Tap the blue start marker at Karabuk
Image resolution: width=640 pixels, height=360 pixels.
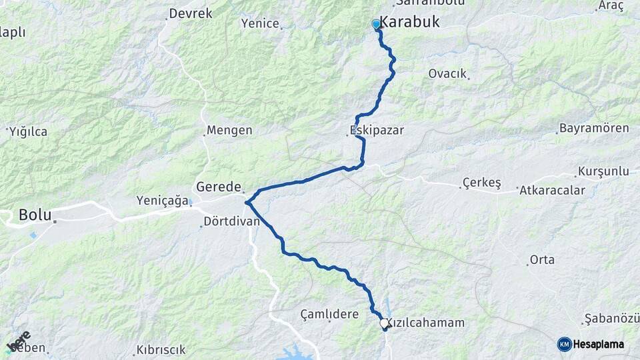pyautogui.click(x=376, y=25)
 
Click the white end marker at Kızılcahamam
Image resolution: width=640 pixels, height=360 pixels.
pyautogui.click(x=384, y=323)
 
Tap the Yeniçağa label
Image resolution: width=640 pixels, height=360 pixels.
pyautogui.click(x=163, y=200)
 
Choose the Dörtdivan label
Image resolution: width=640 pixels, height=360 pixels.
pyautogui.click(x=231, y=221)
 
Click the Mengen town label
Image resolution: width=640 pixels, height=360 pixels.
pyautogui.click(x=229, y=131)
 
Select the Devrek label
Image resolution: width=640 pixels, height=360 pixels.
pyautogui.click(x=191, y=13)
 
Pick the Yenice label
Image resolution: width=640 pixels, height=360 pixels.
pyautogui.click(x=260, y=23)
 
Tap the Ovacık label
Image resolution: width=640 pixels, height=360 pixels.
pyautogui.click(x=447, y=73)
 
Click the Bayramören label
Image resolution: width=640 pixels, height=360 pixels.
pyautogui.click(x=594, y=128)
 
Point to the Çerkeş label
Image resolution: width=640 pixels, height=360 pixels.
pyautogui.click(x=481, y=183)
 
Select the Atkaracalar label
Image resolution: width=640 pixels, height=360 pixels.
pyautogui.click(x=553, y=191)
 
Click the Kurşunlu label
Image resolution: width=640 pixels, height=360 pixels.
pyautogui.click(x=604, y=171)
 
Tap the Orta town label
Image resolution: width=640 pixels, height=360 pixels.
pyautogui.click(x=542, y=260)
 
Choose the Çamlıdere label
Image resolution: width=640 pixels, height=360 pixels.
pyautogui.click(x=329, y=314)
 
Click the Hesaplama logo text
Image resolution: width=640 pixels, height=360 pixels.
pyautogui.click(x=599, y=344)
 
